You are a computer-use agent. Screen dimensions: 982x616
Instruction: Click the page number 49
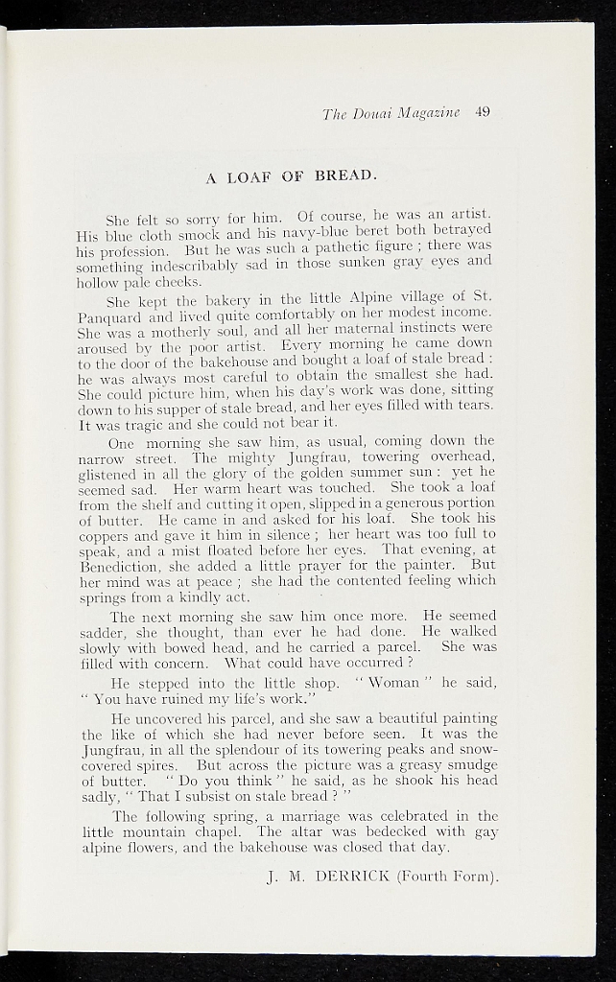point(482,112)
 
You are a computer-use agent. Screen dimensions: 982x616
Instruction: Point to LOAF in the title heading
point(250,175)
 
